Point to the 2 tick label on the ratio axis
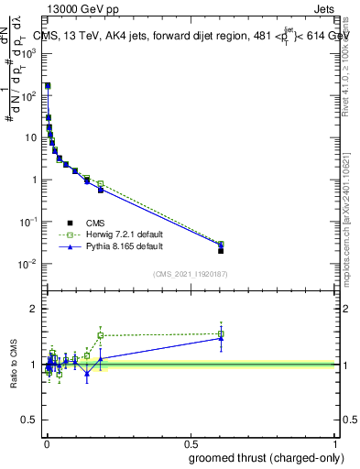pos(33,309)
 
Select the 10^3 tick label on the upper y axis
pos(29,53)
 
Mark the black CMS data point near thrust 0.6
pos(221,250)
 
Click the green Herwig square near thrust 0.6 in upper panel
pos(221,245)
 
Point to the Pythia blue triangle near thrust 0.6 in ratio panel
pos(221,338)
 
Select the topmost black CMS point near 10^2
pos(48,85)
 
